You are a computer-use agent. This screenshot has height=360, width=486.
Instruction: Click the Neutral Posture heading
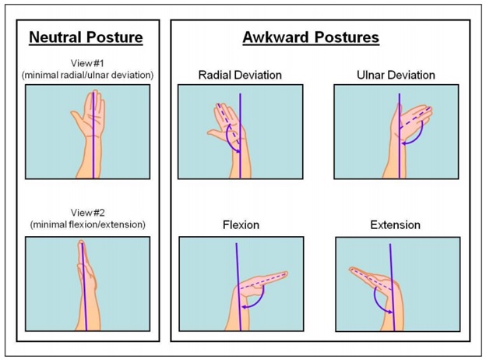pyautogui.click(x=86, y=37)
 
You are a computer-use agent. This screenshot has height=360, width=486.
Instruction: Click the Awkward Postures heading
pyautogui.click(x=311, y=37)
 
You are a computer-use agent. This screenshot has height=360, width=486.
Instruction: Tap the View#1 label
pyautogui.click(x=87, y=63)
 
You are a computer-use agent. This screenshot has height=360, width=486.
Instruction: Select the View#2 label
pyautogui.click(x=88, y=213)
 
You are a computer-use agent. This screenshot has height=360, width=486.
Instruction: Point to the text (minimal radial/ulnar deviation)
pyautogui.click(x=87, y=75)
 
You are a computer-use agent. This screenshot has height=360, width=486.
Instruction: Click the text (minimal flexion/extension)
pyautogui.click(x=88, y=224)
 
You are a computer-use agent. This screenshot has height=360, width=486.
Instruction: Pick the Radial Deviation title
pyautogui.click(x=240, y=75)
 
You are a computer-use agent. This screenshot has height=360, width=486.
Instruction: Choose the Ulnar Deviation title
pyautogui.click(x=396, y=75)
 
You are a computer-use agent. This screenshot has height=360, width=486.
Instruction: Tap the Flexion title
pyautogui.click(x=241, y=225)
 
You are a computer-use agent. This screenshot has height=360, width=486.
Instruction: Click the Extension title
pyautogui.click(x=395, y=225)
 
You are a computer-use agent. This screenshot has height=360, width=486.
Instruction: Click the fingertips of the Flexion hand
pyautogui.click(x=284, y=274)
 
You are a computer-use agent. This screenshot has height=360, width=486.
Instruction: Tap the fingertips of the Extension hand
pyautogui.click(x=353, y=270)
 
